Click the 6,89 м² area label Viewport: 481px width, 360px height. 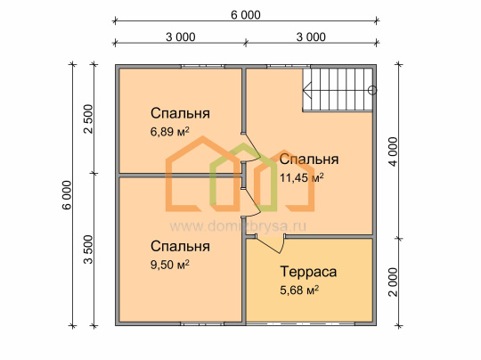coord(169,131)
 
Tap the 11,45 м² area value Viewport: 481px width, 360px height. coord(302,177)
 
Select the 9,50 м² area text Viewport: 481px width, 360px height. coord(169,265)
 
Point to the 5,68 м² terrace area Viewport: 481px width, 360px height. coord(299,290)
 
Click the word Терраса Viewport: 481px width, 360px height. coord(308,272)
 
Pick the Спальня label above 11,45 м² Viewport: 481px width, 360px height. coord(309,160)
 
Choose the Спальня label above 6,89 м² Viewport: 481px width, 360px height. coord(180,113)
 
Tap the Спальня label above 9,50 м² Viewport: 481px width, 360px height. coord(180,246)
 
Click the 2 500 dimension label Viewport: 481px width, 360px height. coord(88,119)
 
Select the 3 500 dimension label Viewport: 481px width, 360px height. coord(88,250)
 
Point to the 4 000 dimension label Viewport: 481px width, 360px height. coord(393,151)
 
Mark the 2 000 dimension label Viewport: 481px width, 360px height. coord(393,282)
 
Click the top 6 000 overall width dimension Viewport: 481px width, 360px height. coord(246,15)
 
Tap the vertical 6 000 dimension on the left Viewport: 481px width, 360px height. coord(67,195)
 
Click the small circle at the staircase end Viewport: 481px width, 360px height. coord(372,90)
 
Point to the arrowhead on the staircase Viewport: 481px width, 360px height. coord(306,90)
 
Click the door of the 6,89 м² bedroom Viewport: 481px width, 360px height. coord(251,147)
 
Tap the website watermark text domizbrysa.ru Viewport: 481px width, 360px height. coord(238,226)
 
